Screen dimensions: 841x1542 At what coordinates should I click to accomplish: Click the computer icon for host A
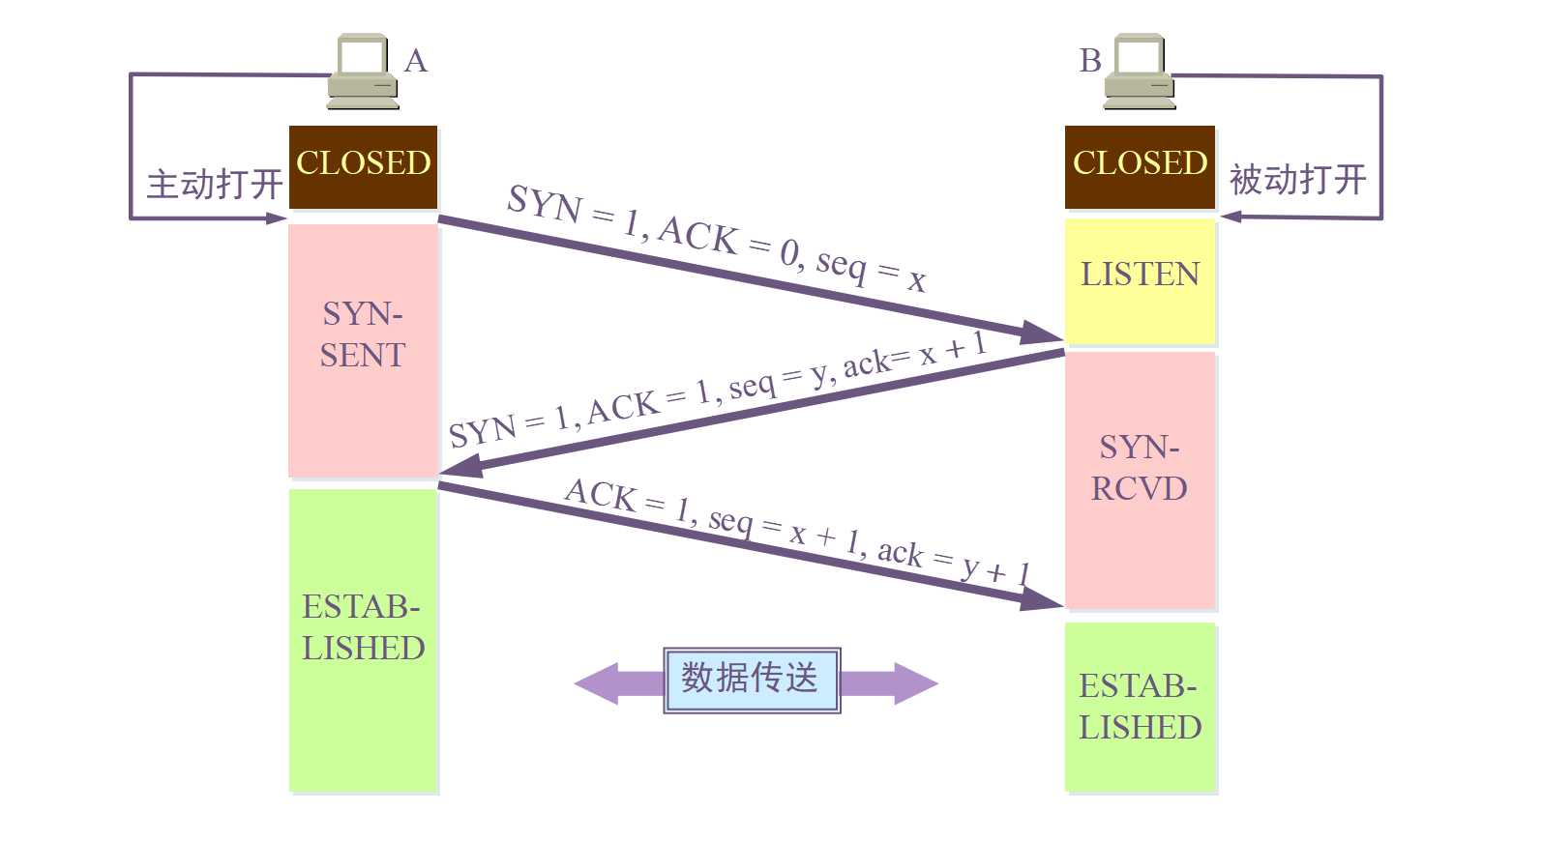(363, 72)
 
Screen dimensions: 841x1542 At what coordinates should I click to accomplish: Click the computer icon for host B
(1140, 72)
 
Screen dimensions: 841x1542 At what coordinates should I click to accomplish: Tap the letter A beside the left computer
(416, 61)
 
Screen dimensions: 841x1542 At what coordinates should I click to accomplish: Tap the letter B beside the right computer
(1090, 61)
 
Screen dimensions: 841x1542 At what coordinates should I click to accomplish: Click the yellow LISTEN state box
(1140, 281)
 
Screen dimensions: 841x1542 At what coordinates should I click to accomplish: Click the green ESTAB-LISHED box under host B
(1140, 707)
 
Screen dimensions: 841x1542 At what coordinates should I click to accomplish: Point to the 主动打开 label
(214, 184)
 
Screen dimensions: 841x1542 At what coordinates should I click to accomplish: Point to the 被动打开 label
(1297, 180)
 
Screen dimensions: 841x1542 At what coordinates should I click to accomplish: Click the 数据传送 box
(751, 680)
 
